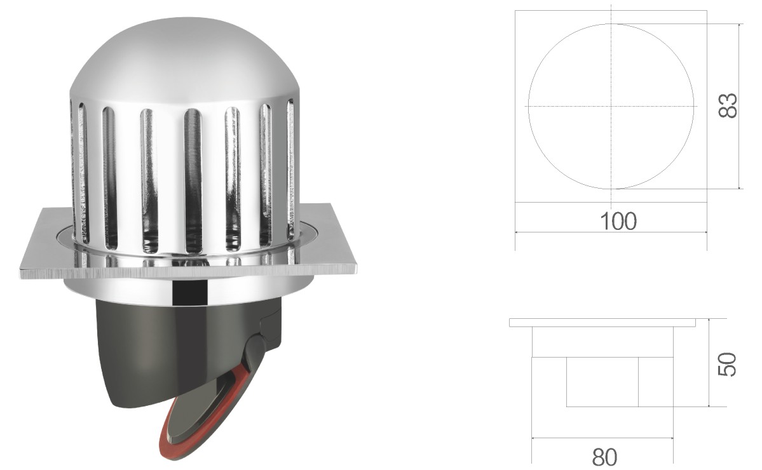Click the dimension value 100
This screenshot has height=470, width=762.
(618, 221)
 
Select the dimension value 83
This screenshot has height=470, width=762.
(728, 105)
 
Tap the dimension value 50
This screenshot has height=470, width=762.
(727, 364)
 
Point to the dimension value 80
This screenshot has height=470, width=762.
(604, 457)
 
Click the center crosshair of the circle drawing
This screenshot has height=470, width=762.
(611, 106)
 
